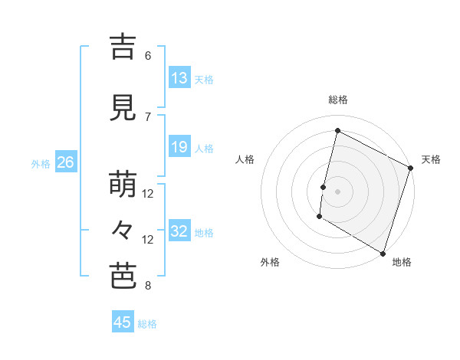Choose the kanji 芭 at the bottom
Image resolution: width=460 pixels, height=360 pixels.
click(x=123, y=276)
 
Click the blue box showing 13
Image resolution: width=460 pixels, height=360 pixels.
click(x=179, y=78)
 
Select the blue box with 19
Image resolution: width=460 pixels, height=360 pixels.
click(x=179, y=147)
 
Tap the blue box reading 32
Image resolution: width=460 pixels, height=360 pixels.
click(x=179, y=231)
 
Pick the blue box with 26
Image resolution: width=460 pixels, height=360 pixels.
click(x=65, y=162)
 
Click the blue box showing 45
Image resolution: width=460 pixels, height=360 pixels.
click(x=123, y=322)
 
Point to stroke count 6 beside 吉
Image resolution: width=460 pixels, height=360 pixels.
click(x=148, y=56)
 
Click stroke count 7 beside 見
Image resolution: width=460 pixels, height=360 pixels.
click(x=148, y=117)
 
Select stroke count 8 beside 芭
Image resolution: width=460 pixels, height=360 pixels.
click(x=148, y=286)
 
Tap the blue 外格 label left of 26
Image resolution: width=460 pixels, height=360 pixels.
click(x=41, y=163)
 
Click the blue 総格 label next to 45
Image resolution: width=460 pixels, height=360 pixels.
click(x=147, y=324)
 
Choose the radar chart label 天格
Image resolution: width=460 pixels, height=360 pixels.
click(x=431, y=159)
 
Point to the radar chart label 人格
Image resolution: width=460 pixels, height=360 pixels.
click(x=245, y=159)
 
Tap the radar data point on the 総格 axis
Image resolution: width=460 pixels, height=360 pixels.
click(x=337, y=131)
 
